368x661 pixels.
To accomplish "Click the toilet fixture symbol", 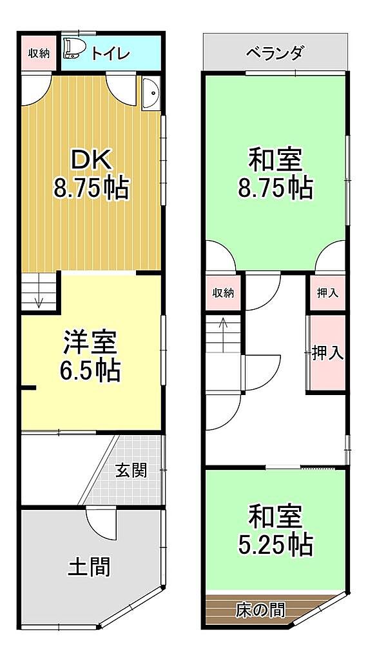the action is (x=72, y=49).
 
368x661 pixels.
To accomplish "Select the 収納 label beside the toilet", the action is (x=39, y=54).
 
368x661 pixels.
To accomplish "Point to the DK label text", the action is (x=91, y=159).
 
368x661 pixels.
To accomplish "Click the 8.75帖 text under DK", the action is (x=90, y=188).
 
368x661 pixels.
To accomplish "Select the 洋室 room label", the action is (x=90, y=342).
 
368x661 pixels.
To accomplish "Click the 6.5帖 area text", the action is (x=90, y=370).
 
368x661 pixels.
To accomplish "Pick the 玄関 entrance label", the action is (x=131, y=471).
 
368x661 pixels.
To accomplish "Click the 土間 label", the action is (x=89, y=567).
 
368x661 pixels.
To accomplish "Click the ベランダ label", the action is (x=274, y=54).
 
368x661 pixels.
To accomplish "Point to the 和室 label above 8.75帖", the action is (x=275, y=161).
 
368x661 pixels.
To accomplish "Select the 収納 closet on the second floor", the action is (x=223, y=293).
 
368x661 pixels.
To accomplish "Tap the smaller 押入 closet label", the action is (x=327, y=292).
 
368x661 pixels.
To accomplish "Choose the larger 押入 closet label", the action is (x=327, y=353).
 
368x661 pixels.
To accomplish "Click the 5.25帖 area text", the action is (x=275, y=545).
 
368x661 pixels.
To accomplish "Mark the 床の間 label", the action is (x=260, y=609).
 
